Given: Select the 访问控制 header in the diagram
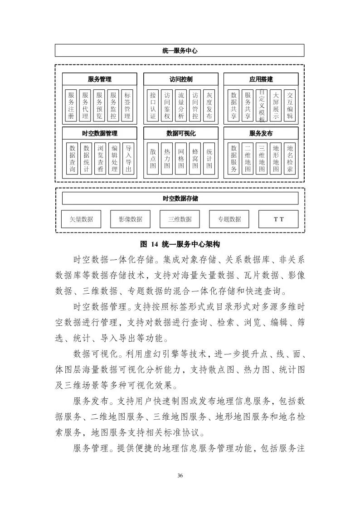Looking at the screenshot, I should tap(180, 79).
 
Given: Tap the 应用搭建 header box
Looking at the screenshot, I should tap(261, 79).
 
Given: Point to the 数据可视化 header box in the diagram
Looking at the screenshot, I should tap(180, 133).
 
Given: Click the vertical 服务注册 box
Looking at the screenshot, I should tap(71, 105).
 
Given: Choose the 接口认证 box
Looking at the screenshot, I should tap(153, 105).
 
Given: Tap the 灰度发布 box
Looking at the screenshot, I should tap(209, 105).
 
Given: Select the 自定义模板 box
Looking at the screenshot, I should tap(261, 105).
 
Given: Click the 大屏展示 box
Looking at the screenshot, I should tap(275, 105).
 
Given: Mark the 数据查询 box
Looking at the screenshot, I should tap(72, 159).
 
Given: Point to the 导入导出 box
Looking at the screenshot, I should tap(128, 159).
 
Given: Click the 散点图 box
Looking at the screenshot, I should tap(153, 159).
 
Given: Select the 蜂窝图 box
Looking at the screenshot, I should tap(195, 159).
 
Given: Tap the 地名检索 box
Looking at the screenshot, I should tap(290, 159).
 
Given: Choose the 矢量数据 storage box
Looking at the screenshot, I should tap(81, 219).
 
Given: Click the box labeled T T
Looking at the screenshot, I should tap(278, 219).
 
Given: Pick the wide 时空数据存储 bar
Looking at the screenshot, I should tap(180, 199).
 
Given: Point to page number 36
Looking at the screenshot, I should tap(180, 475).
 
